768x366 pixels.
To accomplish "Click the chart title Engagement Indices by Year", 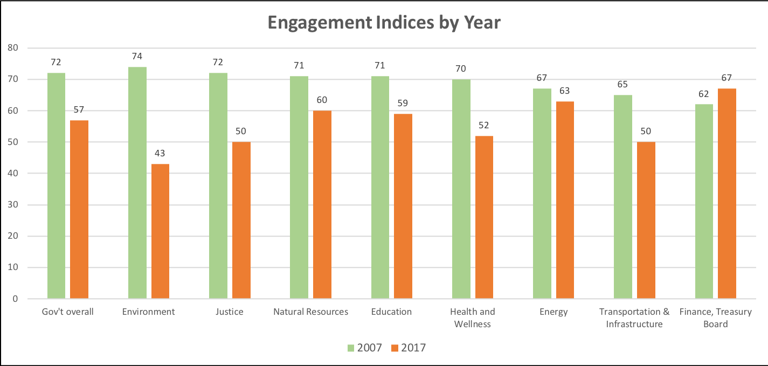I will point(384,23).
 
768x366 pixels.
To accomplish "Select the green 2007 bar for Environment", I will point(137,183).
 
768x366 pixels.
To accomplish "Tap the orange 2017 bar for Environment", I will point(160,232).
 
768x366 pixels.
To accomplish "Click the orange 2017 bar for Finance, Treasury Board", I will point(727,194).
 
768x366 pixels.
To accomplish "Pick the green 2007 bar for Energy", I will point(542,194).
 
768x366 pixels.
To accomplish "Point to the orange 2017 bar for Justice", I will point(241,221).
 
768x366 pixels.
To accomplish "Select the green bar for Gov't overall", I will point(56,186).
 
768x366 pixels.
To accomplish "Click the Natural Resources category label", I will point(310,312).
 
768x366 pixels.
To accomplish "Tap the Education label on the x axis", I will point(391,312).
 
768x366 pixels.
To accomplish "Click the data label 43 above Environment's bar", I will point(160,153).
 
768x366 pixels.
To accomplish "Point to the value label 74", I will point(137,56).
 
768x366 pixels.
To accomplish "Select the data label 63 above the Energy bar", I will point(564,91).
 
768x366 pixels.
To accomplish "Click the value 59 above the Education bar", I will point(403,103).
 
